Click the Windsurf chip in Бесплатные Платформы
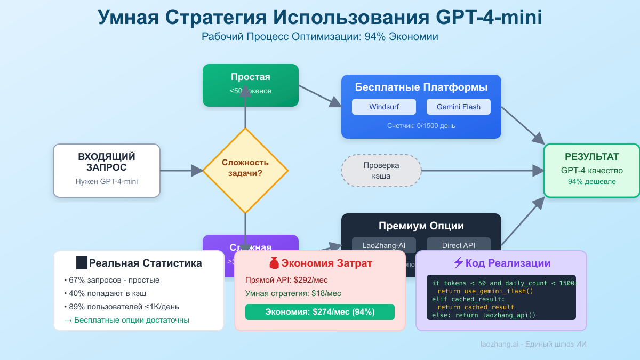[383, 107]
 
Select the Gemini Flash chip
[458, 107]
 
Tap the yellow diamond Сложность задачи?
[245, 171]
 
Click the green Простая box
[250, 85]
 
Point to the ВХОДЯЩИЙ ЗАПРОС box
[107, 170]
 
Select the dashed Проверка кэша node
[381, 171]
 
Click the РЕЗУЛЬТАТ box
[591, 170]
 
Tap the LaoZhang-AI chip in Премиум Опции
[383, 245]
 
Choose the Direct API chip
[458, 245]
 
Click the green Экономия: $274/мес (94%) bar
[319, 312]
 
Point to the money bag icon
[274, 263]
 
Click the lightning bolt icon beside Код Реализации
[458, 263]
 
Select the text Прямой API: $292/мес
[286, 280]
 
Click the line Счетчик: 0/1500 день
[421, 125]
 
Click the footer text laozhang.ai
[498, 345]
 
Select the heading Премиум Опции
[421, 226]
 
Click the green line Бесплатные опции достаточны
[126, 320]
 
